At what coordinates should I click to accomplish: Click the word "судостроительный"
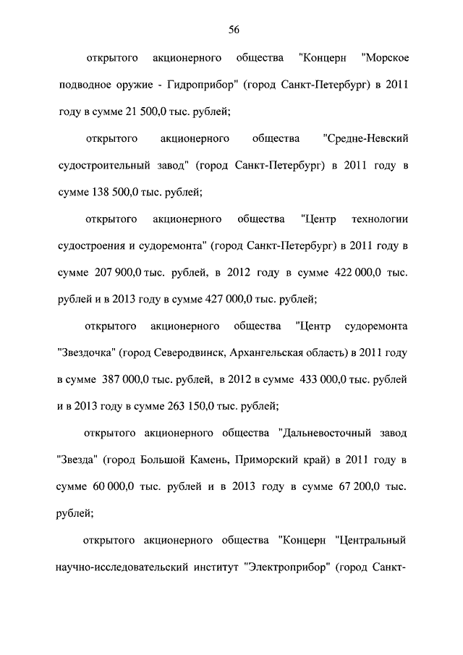coord(100,166)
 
